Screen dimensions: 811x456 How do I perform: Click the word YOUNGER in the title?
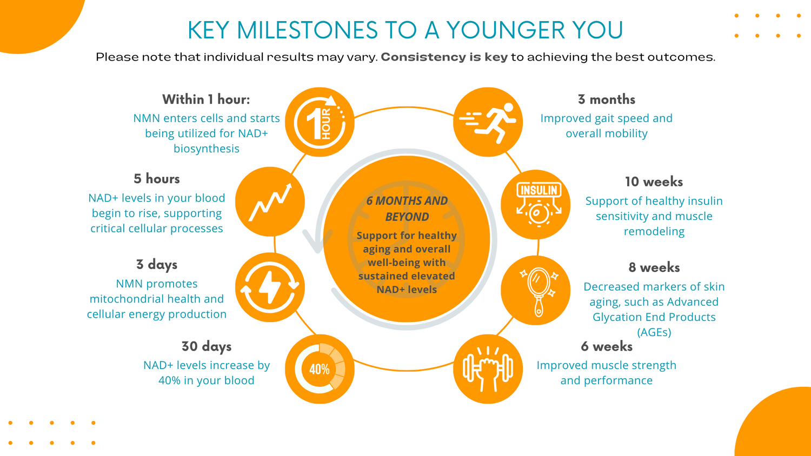pos(506,30)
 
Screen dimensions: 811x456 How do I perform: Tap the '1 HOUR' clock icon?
pos(320,122)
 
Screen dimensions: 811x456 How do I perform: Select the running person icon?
pos(488,122)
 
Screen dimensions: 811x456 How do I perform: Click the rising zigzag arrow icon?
pos(270,202)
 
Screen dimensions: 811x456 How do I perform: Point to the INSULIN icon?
pos(539,204)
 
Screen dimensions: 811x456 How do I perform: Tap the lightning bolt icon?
pos(270,287)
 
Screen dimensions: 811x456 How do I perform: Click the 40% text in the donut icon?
pos(320,369)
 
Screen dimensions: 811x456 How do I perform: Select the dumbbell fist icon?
pos(488,369)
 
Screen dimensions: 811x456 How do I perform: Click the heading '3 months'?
pos(607,99)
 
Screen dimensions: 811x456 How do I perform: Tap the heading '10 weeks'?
pos(654,182)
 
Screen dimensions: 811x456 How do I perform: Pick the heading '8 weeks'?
pos(654,267)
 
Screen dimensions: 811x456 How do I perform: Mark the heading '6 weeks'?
pos(607,346)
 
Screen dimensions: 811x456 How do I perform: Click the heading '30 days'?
pos(207,347)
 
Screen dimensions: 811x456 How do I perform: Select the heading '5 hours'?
pos(156,179)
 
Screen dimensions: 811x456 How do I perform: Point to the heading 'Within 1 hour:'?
pos(206,99)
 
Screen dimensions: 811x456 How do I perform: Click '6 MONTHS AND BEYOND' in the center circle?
pos(407,209)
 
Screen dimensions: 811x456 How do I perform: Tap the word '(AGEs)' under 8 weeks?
pos(654,332)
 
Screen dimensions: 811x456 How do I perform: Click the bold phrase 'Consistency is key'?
pos(444,57)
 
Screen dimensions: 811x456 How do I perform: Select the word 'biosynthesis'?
pos(207,149)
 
